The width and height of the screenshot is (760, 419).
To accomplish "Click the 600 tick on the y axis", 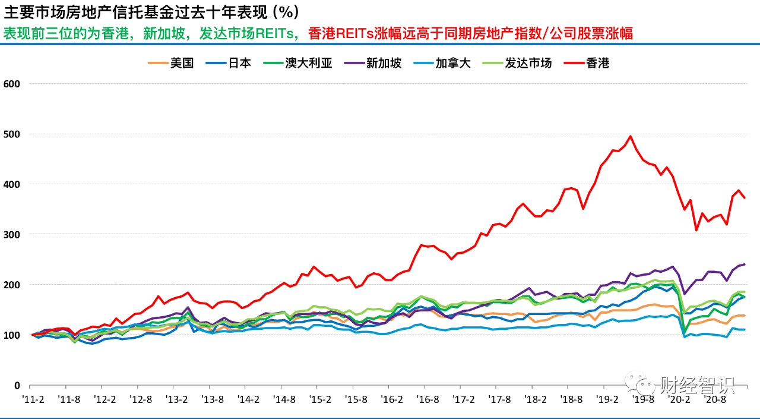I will [12, 84].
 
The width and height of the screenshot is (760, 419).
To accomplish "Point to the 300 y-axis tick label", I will [12, 235].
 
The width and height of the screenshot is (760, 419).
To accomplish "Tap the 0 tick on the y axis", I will [17, 386].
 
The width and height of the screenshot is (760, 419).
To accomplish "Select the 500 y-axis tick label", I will [12, 134].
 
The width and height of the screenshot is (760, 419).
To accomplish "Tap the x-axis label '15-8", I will [356, 400].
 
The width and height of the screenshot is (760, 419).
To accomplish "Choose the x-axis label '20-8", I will [715, 400].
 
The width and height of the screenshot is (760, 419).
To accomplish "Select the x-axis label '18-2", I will [536, 400].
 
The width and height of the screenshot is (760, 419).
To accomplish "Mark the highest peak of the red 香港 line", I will [631, 136].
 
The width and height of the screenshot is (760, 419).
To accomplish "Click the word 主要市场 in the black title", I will [27, 12].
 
